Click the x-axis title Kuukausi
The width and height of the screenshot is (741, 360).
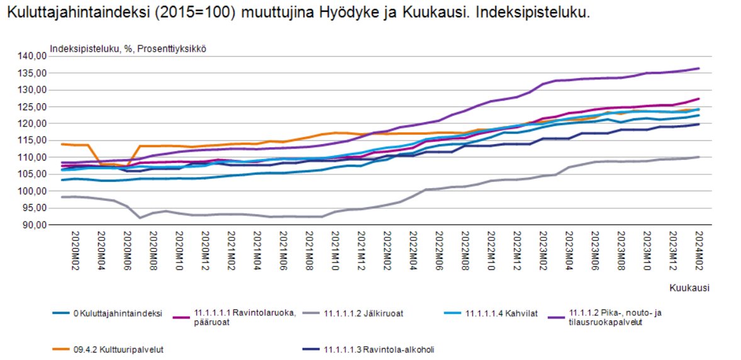[x=689, y=288]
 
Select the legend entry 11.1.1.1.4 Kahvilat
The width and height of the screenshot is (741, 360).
[x=501, y=313]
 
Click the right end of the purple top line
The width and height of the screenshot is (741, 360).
[x=699, y=69]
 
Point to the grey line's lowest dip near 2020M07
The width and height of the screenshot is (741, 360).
[x=140, y=218]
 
